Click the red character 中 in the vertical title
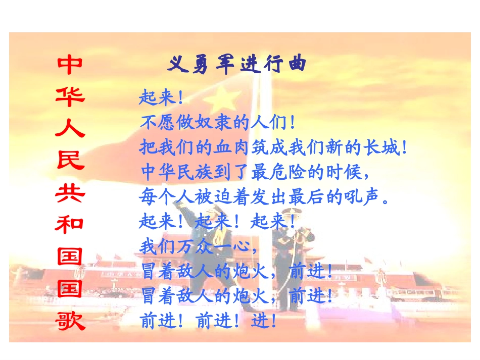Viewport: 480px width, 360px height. tap(70, 65)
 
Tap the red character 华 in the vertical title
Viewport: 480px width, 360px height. tap(70, 96)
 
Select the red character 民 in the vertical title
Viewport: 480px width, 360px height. tap(70, 160)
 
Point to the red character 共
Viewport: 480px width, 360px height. tap(70, 192)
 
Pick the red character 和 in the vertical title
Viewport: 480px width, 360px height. tap(70, 224)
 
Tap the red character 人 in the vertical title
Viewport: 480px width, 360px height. tap(70, 128)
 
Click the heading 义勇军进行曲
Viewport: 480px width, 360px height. tap(237, 65)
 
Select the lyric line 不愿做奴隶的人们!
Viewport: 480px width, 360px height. tap(217, 123)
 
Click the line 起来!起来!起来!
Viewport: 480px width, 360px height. tap(217, 222)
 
